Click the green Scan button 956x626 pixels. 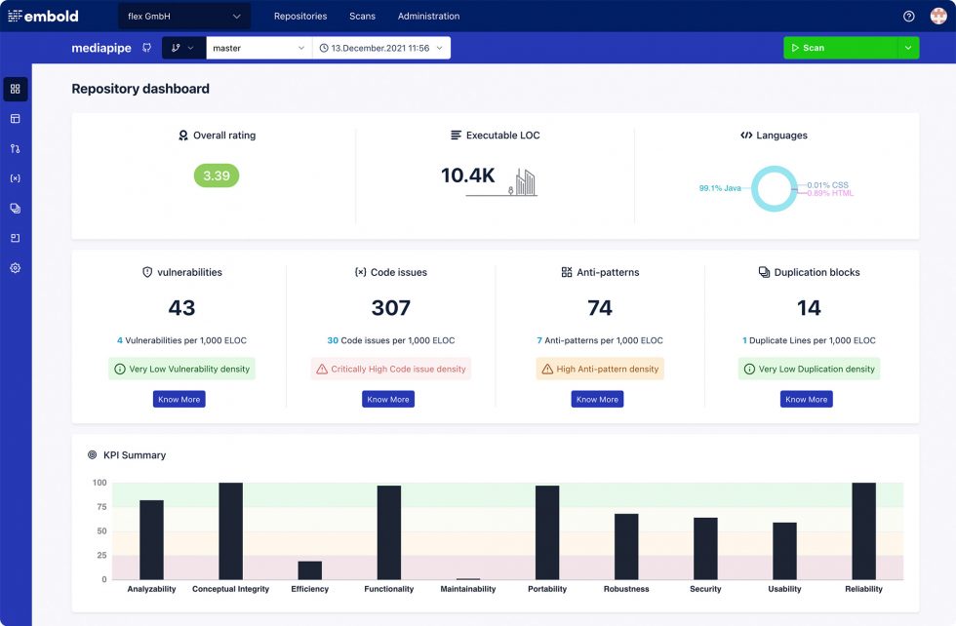click(x=839, y=48)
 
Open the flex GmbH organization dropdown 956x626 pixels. click(x=184, y=17)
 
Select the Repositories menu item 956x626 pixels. click(x=300, y=17)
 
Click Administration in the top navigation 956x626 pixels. click(x=428, y=17)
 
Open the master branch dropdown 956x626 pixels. click(x=259, y=48)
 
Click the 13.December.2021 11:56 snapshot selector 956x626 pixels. click(x=380, y=48)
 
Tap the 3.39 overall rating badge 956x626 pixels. click(x=216, y=176)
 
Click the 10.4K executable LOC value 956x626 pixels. click(x=468, y=176)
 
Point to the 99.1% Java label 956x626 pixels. click(x=720, y=188)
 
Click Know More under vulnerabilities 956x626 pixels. click(x=179, y=399)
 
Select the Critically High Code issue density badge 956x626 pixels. click(x=390, y=370)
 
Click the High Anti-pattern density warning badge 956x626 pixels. click(x=600, y=370)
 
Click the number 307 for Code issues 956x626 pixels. click(x=390, y=308)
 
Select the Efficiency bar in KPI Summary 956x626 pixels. click(x=309, y=570)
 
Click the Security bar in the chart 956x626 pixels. click(x=705, y=549)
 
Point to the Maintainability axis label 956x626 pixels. click(x=468, y=589)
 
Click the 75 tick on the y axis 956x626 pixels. click(x=100, y=507)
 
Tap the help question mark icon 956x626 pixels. click(x=909, y=17)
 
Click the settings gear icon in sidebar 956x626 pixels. click(x=16, y=268)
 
